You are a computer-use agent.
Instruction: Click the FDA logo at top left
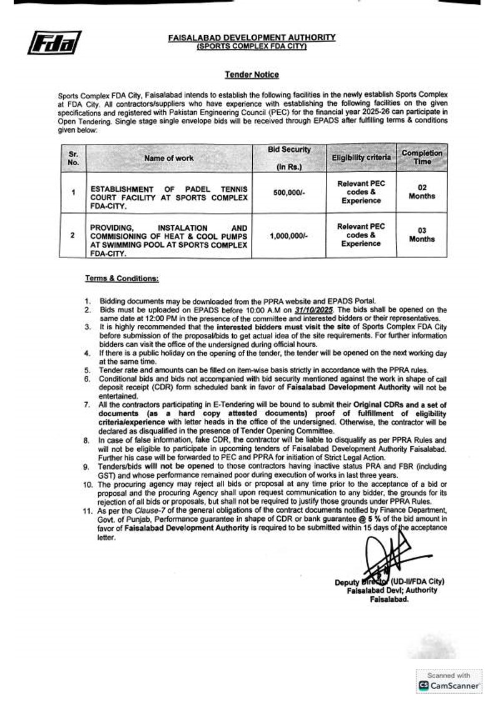(54, 42)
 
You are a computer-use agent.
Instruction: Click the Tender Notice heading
(252, 75)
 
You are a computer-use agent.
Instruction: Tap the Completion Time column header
(422, 158)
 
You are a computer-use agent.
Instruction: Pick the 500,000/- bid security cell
(289, 193)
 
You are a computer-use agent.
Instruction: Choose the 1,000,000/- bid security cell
(289, 236)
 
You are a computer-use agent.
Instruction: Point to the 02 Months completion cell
(422, 192)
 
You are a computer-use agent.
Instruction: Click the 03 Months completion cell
(422, 234)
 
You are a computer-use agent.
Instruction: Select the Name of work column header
(169, 159)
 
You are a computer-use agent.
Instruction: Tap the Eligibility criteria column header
(361, 158)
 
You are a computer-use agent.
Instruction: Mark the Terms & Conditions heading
(122, 278)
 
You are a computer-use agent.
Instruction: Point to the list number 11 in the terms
(89, 511)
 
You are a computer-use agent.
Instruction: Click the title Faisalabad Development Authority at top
(252, 38)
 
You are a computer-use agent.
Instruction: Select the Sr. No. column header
(73, 158)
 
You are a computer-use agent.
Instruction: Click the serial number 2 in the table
(73, 236)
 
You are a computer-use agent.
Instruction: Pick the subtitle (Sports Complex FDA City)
(252, 46)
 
